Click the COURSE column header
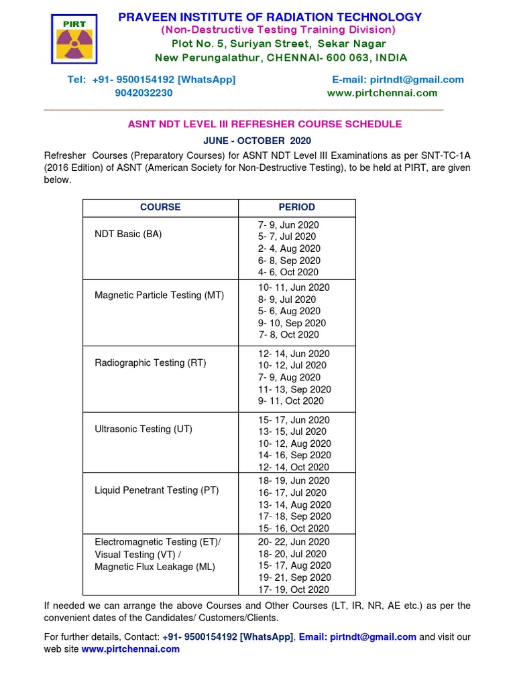(x=160, y=207)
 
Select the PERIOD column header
(x=296, y=207)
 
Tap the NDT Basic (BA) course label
(x=128, y=234)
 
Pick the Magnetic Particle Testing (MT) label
(x=159, y=295)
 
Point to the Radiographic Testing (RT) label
(x=150, y=362)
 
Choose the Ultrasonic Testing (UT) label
(x=144, y=429)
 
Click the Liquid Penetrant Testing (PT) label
(x=156, y=490)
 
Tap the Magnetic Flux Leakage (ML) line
(x=155, y=566)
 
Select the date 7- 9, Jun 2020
(x=288, y=225)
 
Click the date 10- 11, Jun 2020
(x=294, y=287)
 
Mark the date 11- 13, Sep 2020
(x=294, y=389)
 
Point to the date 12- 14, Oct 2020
(x=294, y=468)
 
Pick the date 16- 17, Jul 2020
(x=292, y=492)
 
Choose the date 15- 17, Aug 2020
(x=294, y=565)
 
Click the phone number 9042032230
(x=144, y=93)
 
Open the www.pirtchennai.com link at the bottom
(x=131, y=649)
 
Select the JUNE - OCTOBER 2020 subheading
(x=257, y=141)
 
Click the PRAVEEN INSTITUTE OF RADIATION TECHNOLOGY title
(x=270, y=17)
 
